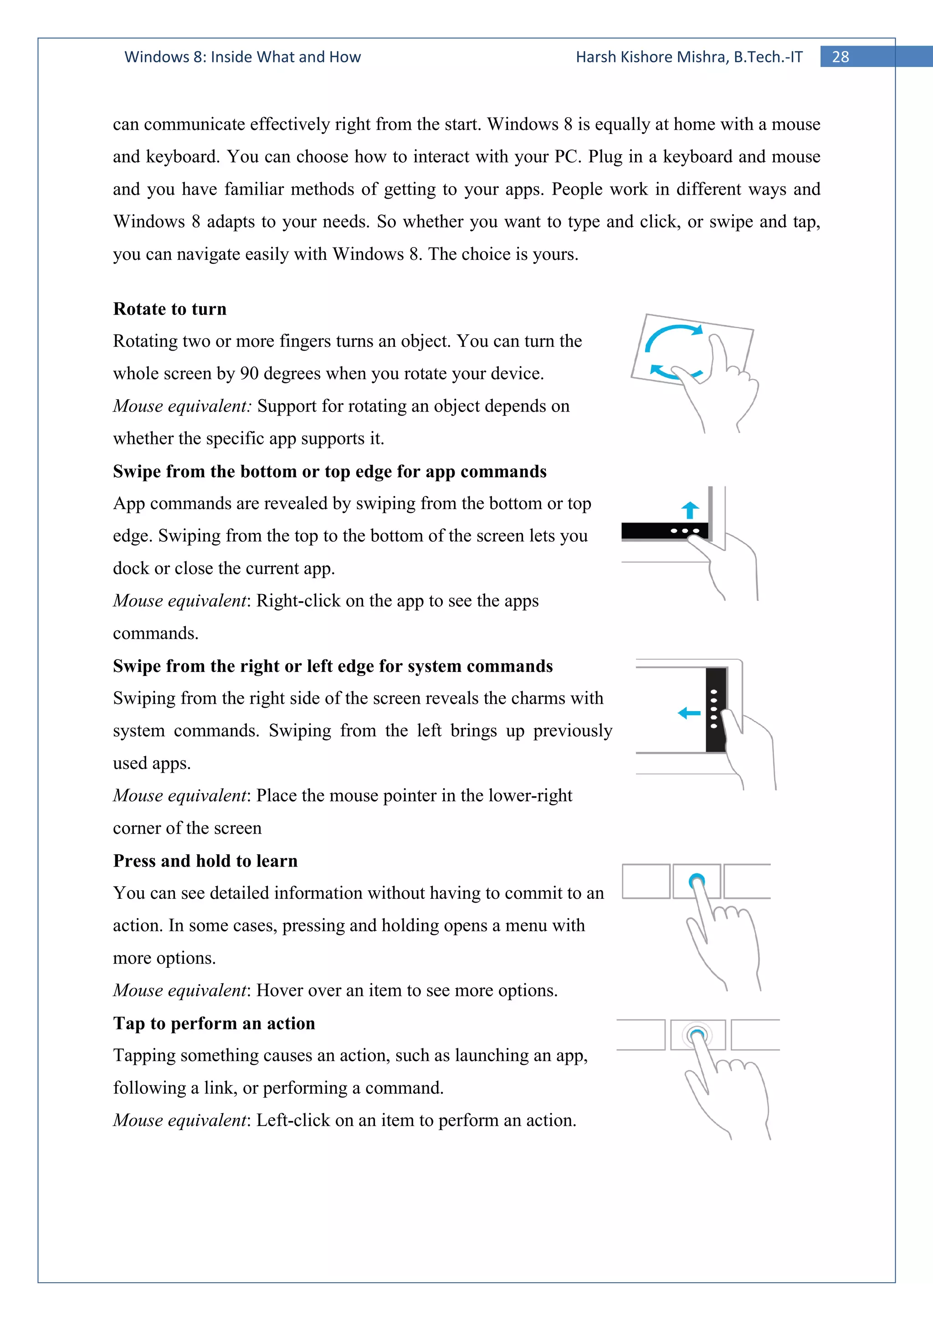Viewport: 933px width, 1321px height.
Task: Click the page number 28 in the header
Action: (840, 57)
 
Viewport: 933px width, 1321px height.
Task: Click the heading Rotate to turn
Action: (169, 309)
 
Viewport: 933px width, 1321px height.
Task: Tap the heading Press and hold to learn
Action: (205, 861)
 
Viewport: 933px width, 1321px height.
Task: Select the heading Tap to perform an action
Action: (214, 1023)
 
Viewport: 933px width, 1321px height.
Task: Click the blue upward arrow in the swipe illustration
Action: (690, 510)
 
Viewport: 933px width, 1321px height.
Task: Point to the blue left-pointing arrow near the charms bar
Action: (689, 713)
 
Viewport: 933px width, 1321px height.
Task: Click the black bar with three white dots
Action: (664, 531)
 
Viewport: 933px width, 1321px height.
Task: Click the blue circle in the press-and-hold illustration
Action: (697, 880)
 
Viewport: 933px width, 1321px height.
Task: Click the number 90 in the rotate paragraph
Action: (249, 374)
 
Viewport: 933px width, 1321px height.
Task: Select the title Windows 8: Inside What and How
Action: (243, 57)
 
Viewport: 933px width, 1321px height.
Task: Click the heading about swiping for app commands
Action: (329, 472)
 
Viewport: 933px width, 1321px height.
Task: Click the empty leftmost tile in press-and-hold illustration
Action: (646, 881)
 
